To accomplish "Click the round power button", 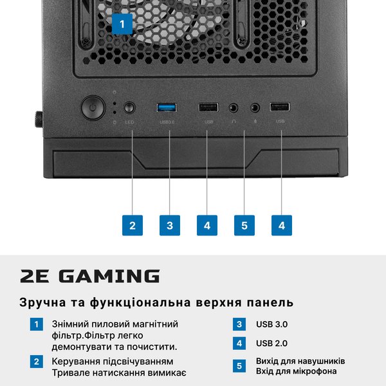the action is pyautogui.click(x=93, y=108).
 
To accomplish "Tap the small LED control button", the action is pyautogui.click(x=129, y=108).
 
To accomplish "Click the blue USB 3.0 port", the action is pyautogui.click(x=167, y=107).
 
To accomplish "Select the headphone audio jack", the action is pyautogui.click(x=233, y=108).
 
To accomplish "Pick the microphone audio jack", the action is pyautogui.click(x=255, y=107).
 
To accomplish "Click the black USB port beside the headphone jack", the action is pyautogui.click(x=208, y=107).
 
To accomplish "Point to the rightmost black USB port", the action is pyautogui.click(x=280, y=107).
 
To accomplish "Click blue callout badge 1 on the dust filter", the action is pyautogui.click(x=122, y=24).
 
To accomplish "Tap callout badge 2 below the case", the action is pyautogui.click(x=133, y=225).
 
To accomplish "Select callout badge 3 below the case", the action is pyautogui.click(x=170, y=225).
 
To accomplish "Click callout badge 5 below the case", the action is pyautogui.click(x=244, y=225).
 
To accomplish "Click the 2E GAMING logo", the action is pyautogui.click(x=90, y=276).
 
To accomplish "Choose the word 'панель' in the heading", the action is pyautogui.click(x=270, y=302).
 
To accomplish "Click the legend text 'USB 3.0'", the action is pyautogui.click(x=271, y=324).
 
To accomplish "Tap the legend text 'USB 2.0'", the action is pyautogui.click(x=271, y=343).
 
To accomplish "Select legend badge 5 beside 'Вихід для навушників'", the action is pyautogui.click(x=239, y=366).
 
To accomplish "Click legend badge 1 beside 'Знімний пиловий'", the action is pyautogui.click(x=37, y=324).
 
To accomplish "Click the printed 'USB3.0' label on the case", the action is pyautogui.click(x=167, y=122).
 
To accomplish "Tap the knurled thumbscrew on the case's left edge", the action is pyautogui.click(x=39, y=120).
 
